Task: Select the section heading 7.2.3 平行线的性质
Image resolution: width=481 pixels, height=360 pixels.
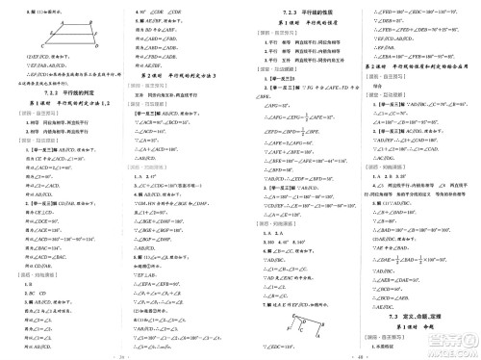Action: pyautogui.click(x=300, y=10)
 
